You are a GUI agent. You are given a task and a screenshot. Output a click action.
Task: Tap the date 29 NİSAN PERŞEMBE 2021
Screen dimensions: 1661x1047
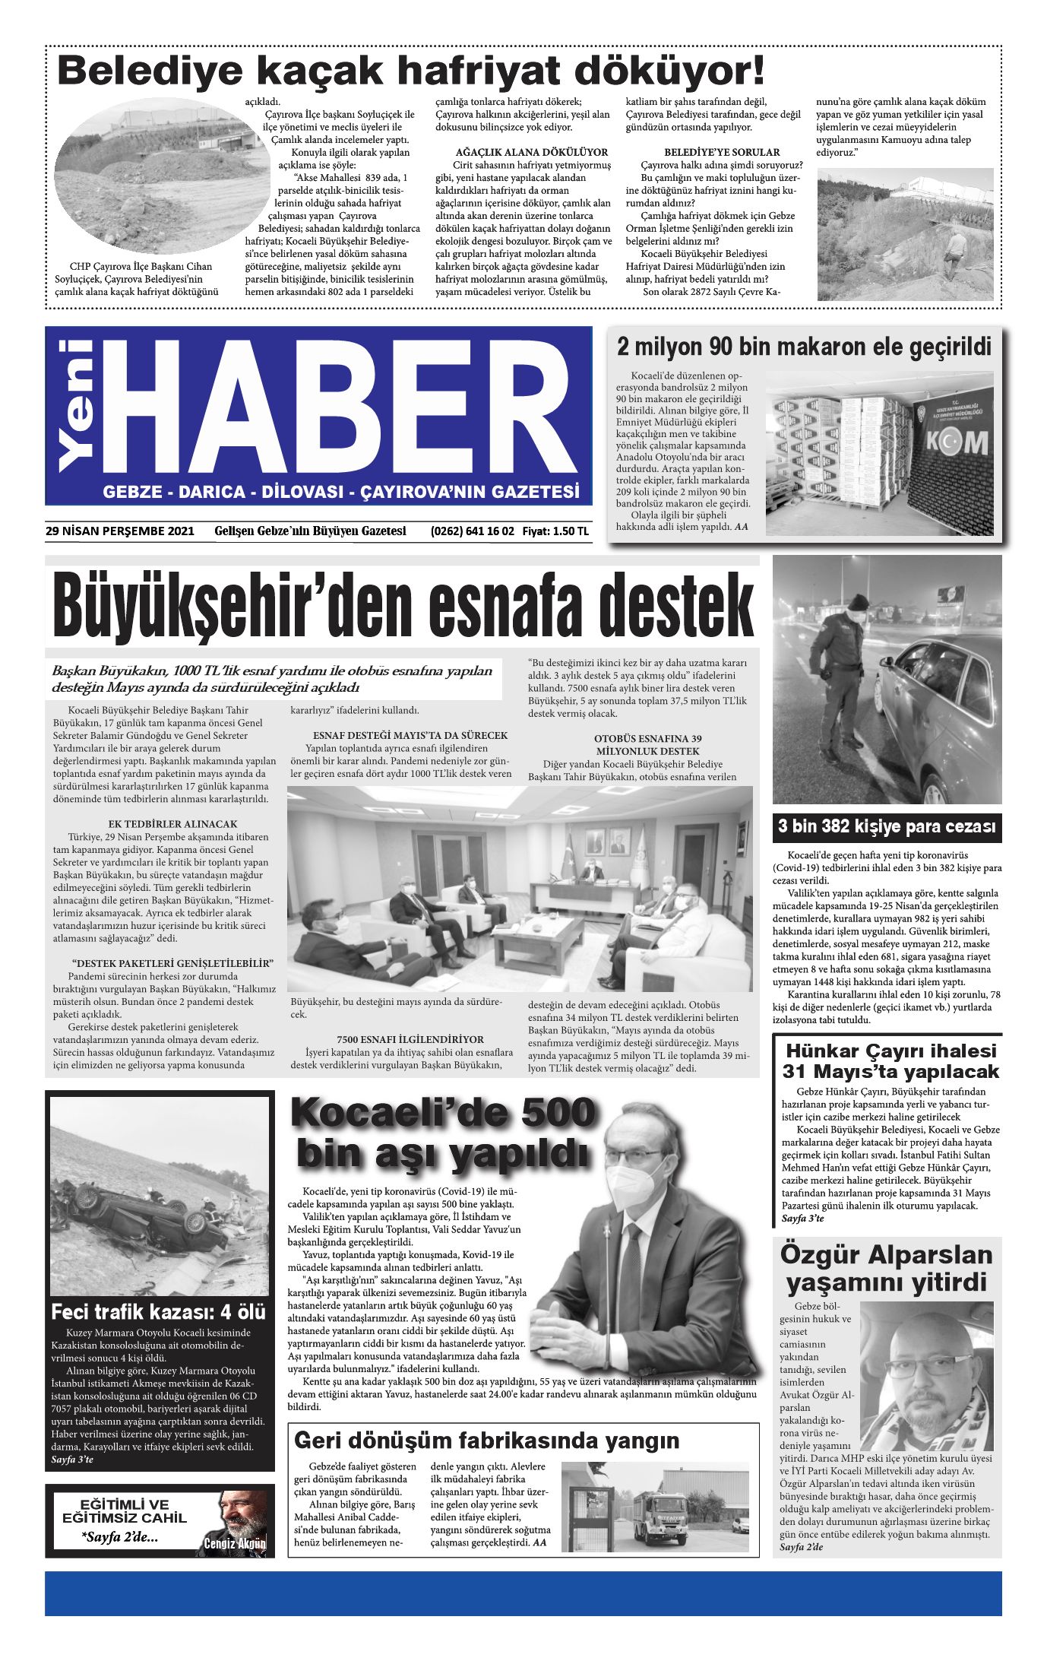pos(119,531)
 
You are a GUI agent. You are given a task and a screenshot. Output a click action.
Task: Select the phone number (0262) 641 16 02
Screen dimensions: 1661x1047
pos(472,531)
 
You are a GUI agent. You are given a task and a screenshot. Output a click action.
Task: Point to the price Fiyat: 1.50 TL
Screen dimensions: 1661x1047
pos(555,531)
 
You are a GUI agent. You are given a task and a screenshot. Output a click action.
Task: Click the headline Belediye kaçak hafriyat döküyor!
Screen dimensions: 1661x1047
pos(410,71)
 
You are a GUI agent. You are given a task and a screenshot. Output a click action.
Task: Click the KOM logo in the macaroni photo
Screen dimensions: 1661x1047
pos(956,442)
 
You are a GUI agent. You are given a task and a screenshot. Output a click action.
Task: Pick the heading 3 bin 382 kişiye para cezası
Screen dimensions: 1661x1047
pos(886,826)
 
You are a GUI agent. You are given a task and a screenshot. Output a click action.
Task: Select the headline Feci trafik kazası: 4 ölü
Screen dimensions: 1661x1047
pos(158,1312)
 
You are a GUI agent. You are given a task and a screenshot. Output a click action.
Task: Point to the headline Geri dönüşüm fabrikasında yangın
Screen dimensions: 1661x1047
pos(486,1441)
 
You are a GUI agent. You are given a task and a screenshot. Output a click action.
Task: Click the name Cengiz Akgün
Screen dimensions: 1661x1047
pos(235,1542)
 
